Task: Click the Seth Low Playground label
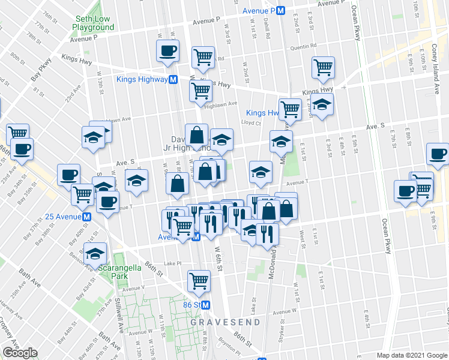[x=93, y=23]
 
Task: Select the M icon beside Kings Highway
[x=173, y=79]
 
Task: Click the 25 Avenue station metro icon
[x=87, y=217]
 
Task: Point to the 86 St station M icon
[x=206, y=305]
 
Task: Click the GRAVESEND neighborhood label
[x=226, y=322]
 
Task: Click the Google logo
[x=20, y=353]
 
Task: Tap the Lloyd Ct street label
[x=250, y=122]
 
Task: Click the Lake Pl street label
[x=172, y=263]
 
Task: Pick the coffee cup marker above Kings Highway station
[x=167, y=51]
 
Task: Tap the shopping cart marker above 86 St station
[x=199, y=280]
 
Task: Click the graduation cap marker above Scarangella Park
[x=95, y=254]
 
